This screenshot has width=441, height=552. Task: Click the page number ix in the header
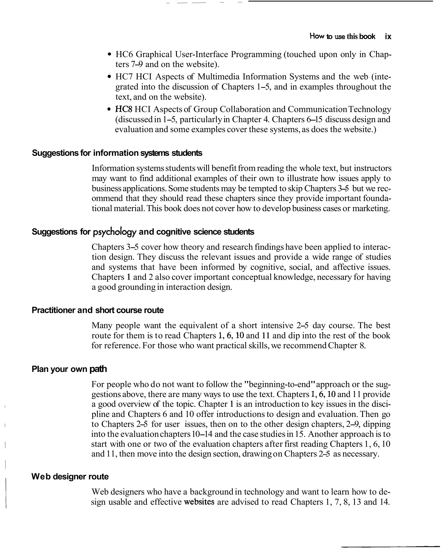pyautogui.click(x=388, y=37)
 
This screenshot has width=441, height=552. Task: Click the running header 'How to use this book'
pyautogui.click(x=342, y=36)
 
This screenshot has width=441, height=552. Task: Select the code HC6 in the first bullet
pyautogui.click(x=124, y=54)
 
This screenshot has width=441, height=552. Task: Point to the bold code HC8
pyautogui.click(x=124, y=109)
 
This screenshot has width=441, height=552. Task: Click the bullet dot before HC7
pyautogui.click(x=110, y=77)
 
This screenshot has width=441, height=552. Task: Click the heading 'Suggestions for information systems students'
pyautogui.click(x=117, y=153)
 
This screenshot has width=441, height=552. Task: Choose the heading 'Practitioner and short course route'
pyautogui.click(x=98, y=310)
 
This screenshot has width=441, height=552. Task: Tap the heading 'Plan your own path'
pyautogui.click(x=69, y=369)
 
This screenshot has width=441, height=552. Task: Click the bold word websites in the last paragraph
pyautogui.click(x=199, y=502)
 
